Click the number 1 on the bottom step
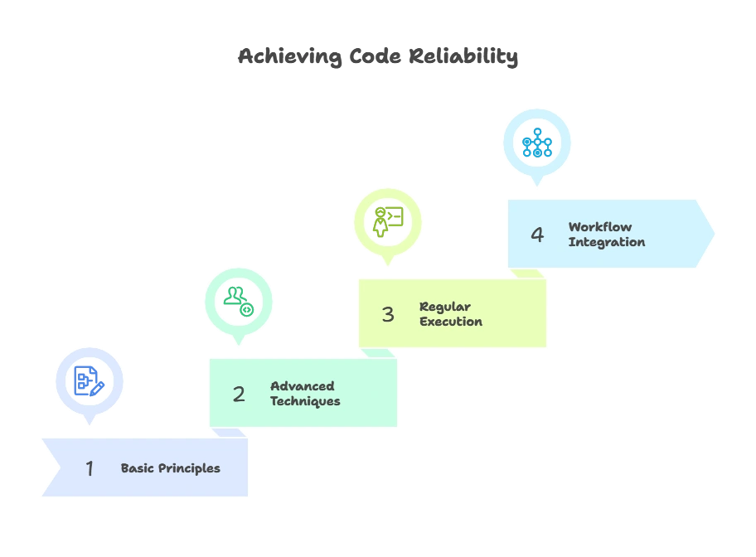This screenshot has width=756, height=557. tap(90, 468)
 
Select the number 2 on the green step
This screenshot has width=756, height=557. tap(239, 395)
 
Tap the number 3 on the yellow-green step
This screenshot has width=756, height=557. tap(388, 314)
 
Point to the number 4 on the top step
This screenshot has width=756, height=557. tap(537, 235)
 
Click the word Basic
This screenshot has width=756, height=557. tap(138, 468)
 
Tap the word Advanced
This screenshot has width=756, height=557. tap(303, 386)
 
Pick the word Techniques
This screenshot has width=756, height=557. tap(305, 401)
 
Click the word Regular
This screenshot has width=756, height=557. tap(445, 307)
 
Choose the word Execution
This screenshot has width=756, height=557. tap(451, 322)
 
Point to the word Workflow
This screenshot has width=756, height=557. tap(600, 227)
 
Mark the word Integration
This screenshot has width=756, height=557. tap(607, 242)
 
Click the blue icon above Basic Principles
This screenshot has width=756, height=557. tap(89, 380)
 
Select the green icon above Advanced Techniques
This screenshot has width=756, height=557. tap(239, 301)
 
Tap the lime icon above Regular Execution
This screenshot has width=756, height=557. tap(387, 221)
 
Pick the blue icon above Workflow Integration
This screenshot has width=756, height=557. tap(536, 143)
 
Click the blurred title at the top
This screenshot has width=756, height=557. tap(378, 58)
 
